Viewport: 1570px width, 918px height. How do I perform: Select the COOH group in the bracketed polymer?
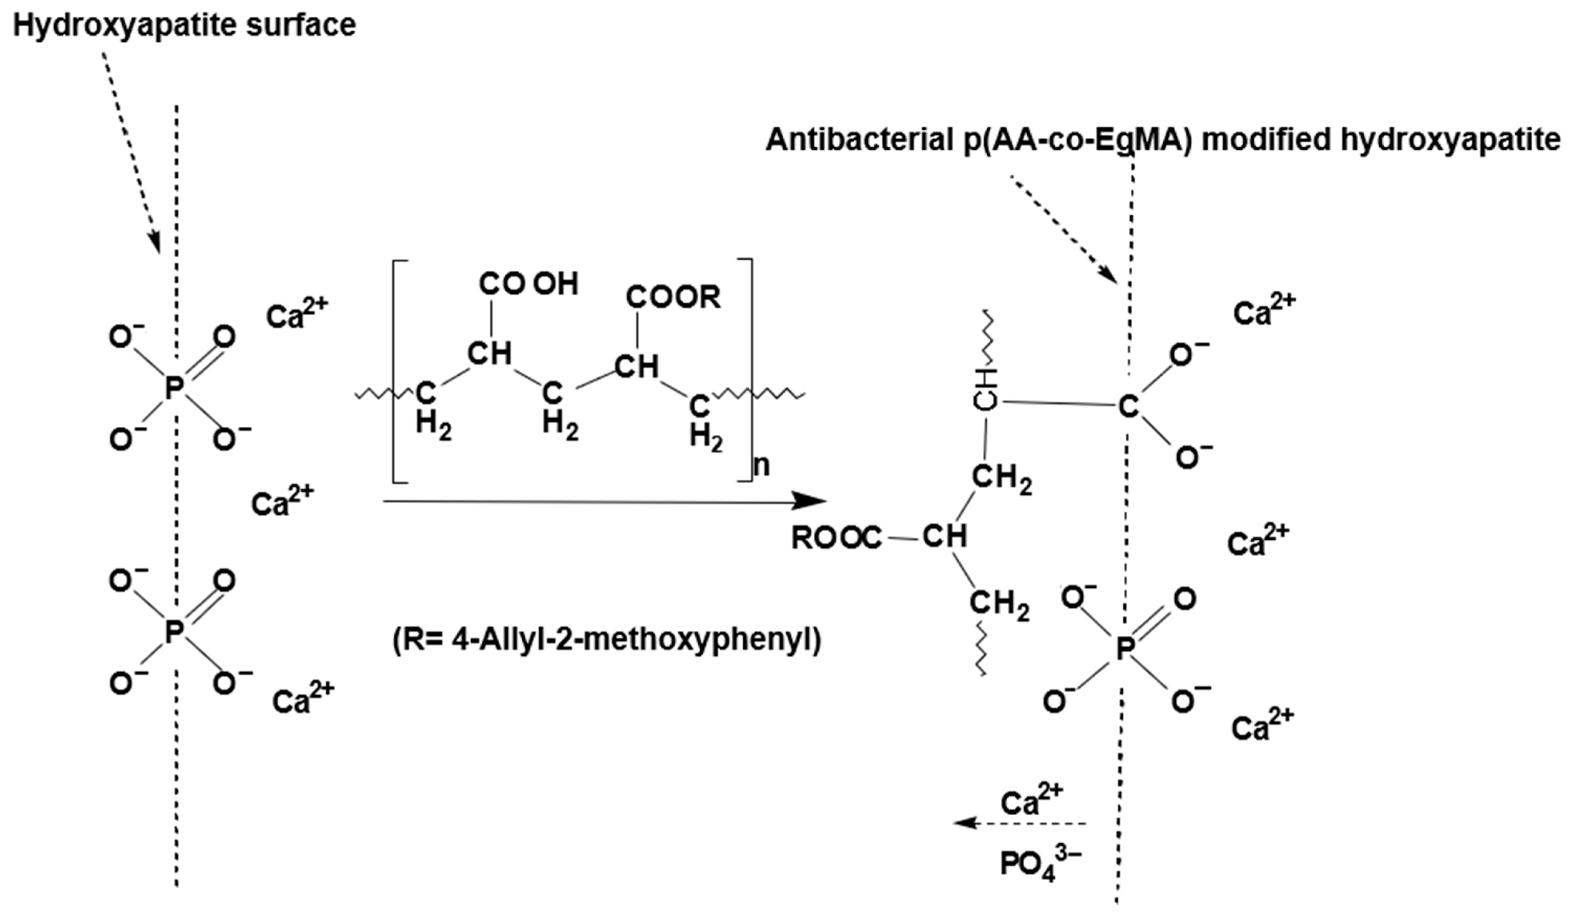click(528, 284)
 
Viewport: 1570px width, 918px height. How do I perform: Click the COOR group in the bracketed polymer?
click(673, 297)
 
